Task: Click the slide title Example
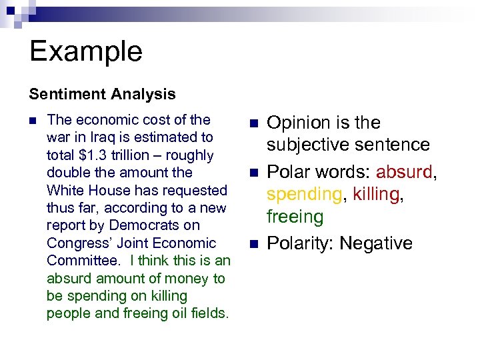click(x=86, y=51)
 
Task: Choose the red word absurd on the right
click(x=405, y=172)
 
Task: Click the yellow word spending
click(x=304, y=195)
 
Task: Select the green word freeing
click(x=295, y=217)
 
